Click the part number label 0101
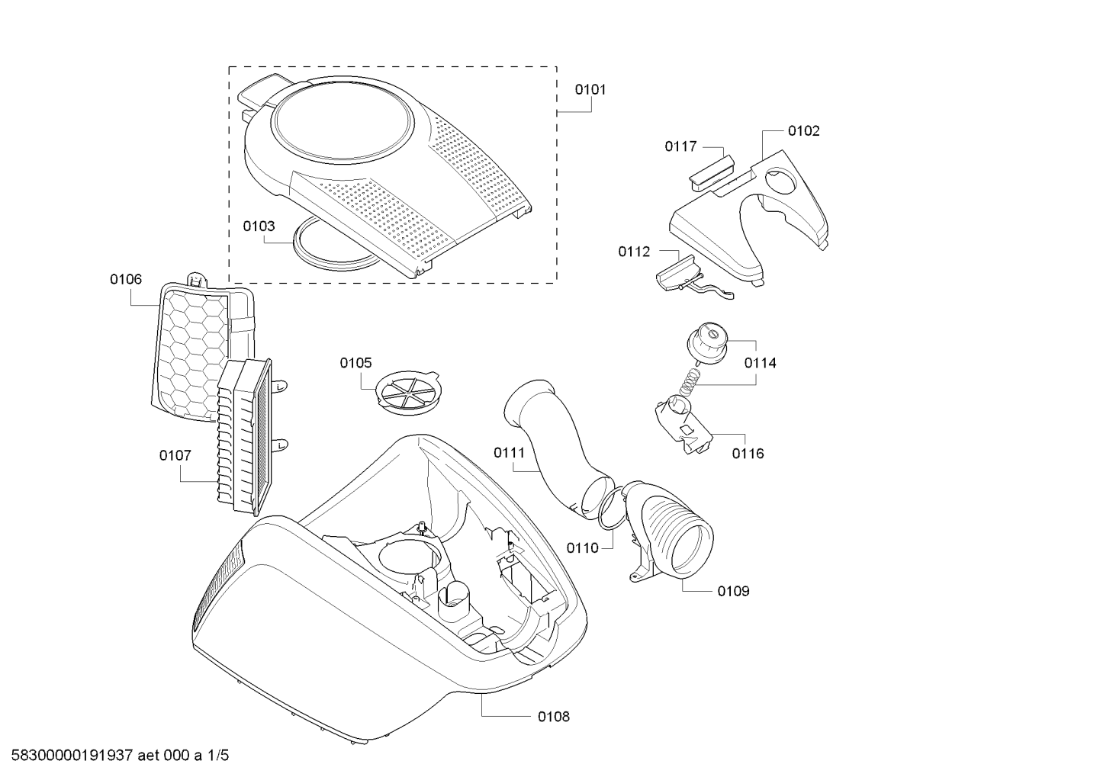coord(590,89)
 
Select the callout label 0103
coord(259,226)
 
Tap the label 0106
coord(125,280)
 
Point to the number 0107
coord(175,455)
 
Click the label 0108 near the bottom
coord(553,716)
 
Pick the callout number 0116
coord(748,454)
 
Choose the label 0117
coord(680,146)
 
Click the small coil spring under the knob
coord(690,379)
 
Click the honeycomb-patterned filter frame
coord(191,351)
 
